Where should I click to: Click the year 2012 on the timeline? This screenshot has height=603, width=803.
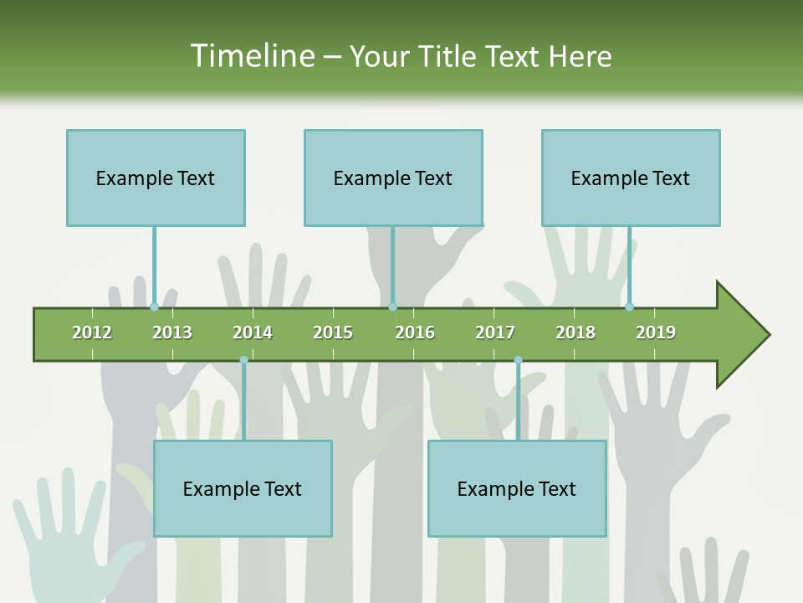pos(92,332)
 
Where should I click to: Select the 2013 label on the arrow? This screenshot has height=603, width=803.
pos(172,332)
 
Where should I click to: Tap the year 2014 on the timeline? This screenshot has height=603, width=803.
pos(253,332)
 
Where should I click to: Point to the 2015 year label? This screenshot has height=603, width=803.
pos(333,332)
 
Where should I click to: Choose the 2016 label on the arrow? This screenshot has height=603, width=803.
pos(415,332)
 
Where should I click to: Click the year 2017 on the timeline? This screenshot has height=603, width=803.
pos(495,332)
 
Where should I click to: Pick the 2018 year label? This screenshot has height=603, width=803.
pos(575,332)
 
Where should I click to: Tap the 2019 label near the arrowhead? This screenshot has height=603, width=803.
pos(656,332)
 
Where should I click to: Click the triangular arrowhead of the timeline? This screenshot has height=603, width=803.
pos(741,335)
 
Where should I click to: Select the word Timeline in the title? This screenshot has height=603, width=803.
pos(251,56)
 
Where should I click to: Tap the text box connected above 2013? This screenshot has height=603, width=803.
pos(156,178)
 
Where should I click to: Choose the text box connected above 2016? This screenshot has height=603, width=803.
pos(393,178)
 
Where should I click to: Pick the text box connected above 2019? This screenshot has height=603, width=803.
pos(631,178)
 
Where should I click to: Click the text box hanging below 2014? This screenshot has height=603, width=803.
pos(243,488)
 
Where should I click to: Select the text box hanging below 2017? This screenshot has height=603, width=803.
pos(517,488)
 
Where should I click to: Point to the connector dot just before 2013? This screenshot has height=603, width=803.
pos(154,307)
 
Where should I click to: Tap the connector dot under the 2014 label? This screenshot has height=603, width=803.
pos(243,360)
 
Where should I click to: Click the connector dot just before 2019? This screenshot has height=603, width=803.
pos(629,307)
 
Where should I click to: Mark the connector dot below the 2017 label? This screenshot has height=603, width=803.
pos(518,360)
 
